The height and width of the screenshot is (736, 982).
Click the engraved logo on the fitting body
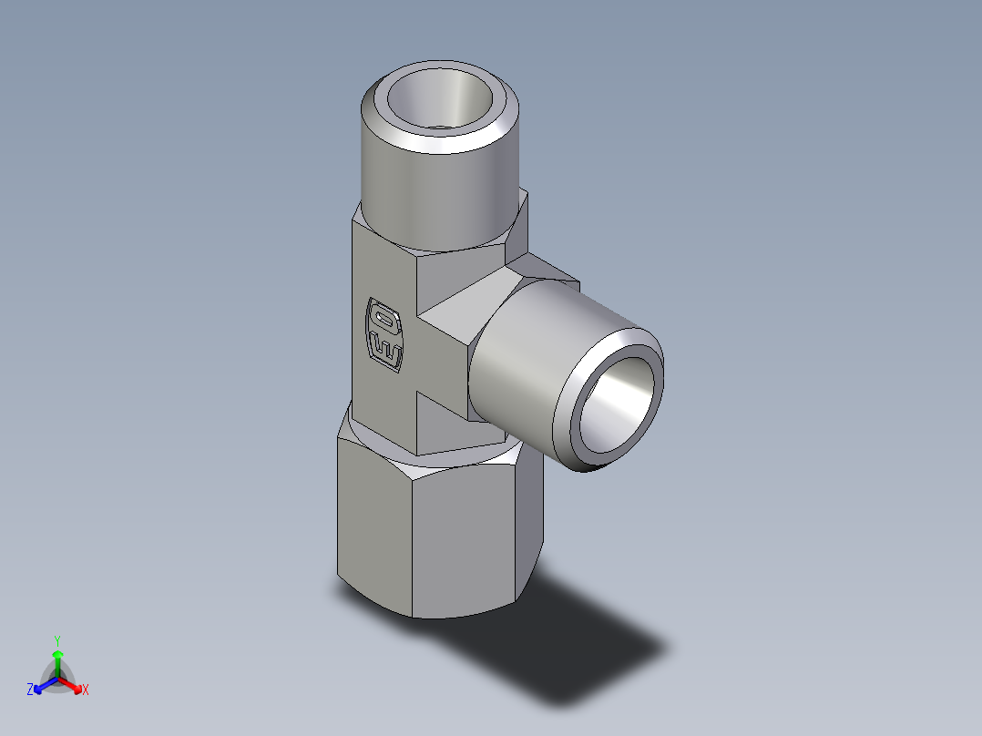pos(384,333)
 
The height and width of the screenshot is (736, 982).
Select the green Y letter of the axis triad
pos(56,640)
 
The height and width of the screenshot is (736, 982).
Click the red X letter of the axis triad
pos(86,690)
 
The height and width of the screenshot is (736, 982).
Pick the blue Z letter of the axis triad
pos(30,690)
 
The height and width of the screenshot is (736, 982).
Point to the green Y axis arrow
pos(56,659)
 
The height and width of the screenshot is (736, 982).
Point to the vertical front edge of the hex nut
pos(415,547)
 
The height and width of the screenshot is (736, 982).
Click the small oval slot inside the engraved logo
pos(384,321)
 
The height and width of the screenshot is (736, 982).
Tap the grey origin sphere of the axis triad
pos(56,680)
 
